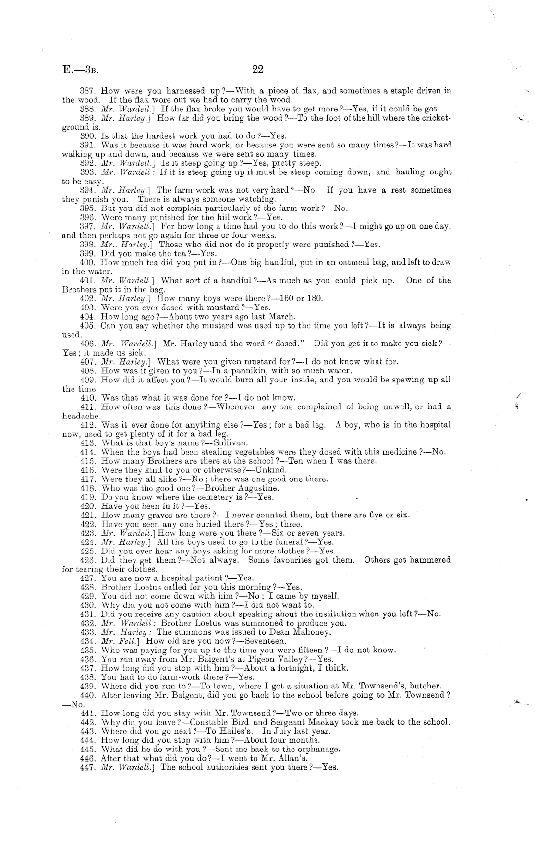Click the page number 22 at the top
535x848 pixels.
pyautogui.click(x=258, y=69)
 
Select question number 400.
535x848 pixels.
pyautogui.click(x=88, y=262)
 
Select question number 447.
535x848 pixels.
pyautogui.click(x=88, y=767)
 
